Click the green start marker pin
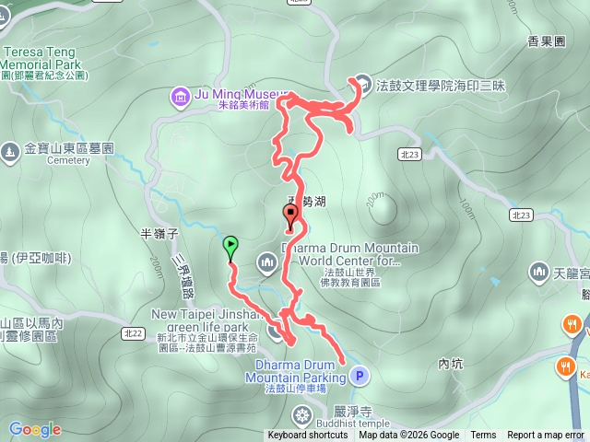coord(230,246)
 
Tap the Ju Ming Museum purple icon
coord(178,95)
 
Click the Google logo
coord(34,429)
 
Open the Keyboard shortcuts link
coord(308,436)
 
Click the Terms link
coord(483,436)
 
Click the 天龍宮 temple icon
coord(539,272)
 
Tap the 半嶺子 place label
coord(158,234)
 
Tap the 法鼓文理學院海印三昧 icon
coord(363,86)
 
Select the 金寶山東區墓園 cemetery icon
coord(10,148)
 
